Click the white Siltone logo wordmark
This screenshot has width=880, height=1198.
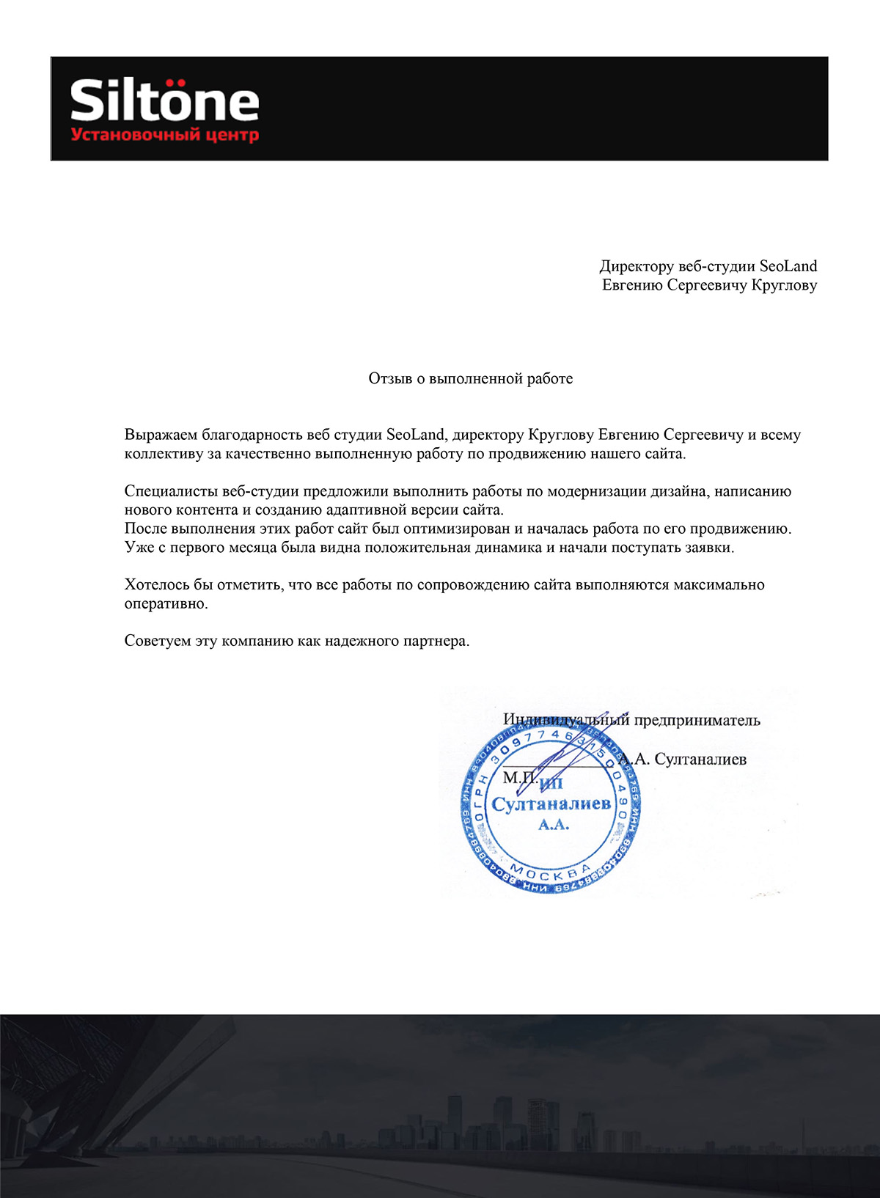(164, 101)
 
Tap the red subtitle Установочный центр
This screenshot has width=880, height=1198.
(164, 135)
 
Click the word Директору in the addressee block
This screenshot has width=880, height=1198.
(633, 266)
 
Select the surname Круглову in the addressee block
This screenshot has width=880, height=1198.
(784, 285)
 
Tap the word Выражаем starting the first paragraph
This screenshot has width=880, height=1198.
(160, 435)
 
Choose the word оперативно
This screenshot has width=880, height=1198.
(165, 604)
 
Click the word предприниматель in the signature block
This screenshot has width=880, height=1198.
(697, 720)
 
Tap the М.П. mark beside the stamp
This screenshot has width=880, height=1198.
(519, 777)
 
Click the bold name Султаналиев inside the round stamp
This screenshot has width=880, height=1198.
(551, 804)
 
